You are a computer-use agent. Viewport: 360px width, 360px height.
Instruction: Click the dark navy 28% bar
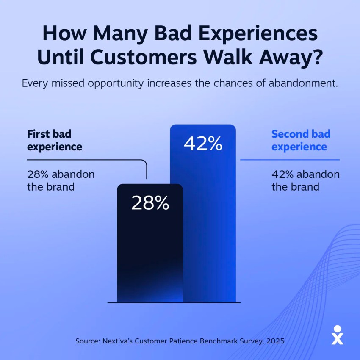(150, 254)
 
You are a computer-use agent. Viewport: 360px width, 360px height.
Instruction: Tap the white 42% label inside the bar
(203, 144)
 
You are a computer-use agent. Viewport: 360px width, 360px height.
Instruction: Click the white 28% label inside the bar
(150, 204)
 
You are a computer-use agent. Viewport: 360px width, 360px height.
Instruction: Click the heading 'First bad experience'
(55, 140)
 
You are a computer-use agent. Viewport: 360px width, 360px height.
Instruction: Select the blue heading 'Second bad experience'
(301, 140)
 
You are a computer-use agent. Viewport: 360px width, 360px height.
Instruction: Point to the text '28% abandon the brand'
(61, 180)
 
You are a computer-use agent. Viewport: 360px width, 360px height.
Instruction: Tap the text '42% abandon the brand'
(305, 180)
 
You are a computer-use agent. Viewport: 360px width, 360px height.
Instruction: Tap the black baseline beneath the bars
(174, 302)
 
